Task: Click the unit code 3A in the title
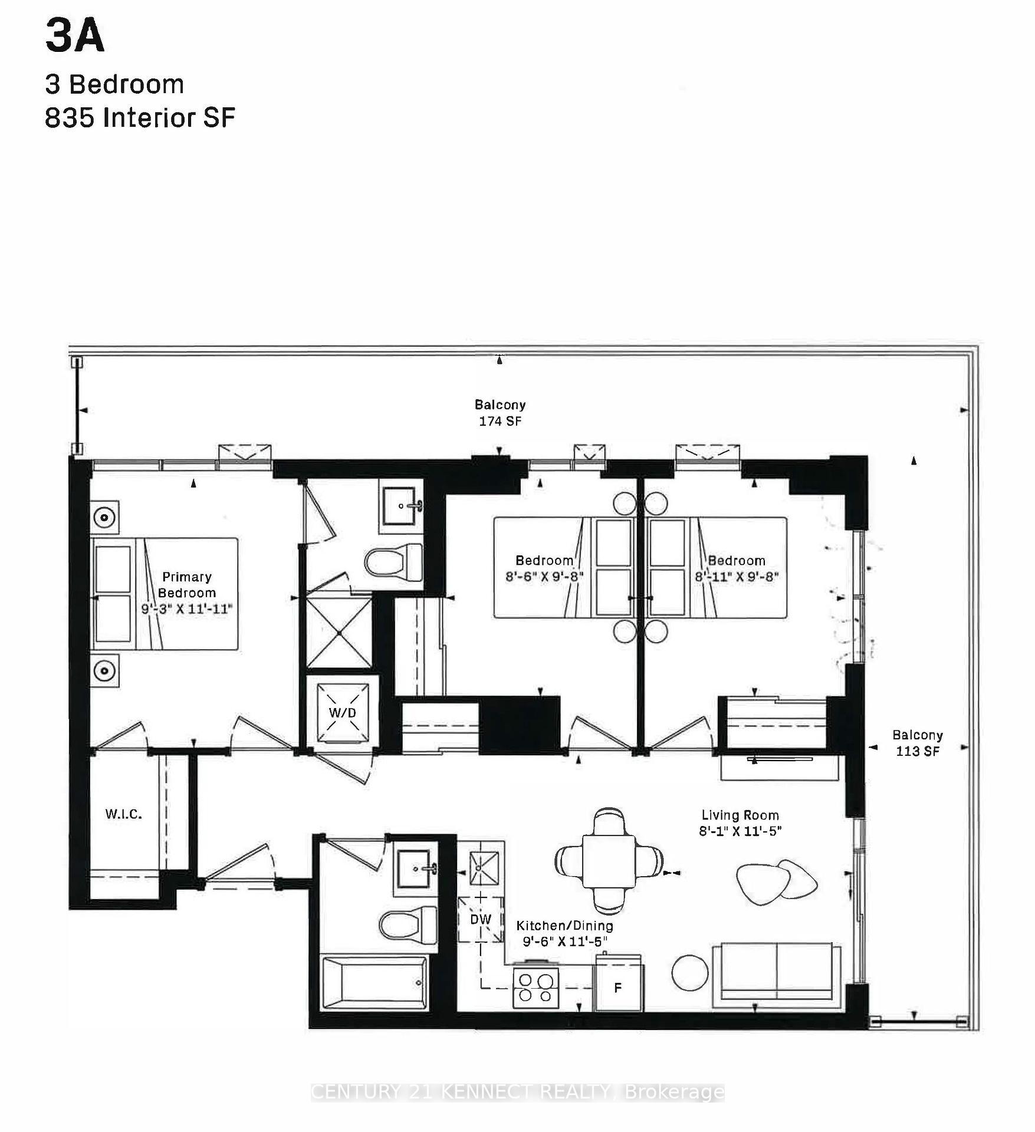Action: click(x=74, y=36)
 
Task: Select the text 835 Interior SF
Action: click(x=140, y=118)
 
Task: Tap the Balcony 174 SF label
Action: click(x=500, y=413)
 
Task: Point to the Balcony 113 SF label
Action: click(x=917, y=743)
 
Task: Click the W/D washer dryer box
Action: click(x=343, y=712)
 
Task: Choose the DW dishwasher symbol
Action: click(x=481, y=919)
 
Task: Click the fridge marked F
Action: click(x=617, y=988)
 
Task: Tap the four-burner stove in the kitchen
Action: click(x=535, y=988)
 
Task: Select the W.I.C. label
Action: click(x=123, y=814)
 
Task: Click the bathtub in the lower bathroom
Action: click(x=374, y=983)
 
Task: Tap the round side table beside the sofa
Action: click(x=689, y=973)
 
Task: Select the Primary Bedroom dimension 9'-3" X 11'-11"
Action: click(x=187, y=608)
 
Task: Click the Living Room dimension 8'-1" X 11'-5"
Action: click(x=740, y=831)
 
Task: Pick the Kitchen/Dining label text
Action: click(x=564, y=926)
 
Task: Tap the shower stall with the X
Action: click(x=339, y=633)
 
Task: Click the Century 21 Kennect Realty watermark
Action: click(x=517, y=1092)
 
